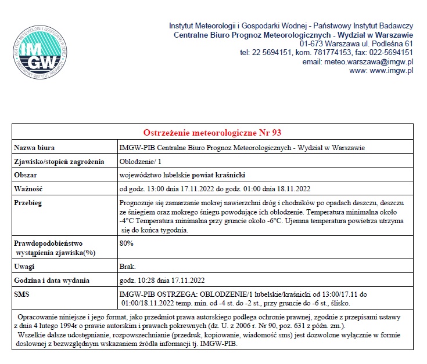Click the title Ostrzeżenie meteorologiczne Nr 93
point(213,133)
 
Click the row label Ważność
point(28,188)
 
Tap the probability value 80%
point(126,243)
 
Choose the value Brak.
point(127,267)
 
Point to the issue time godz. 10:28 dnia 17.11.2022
point(162,281)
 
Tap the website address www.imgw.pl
point(392,71)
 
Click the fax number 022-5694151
point(390,52)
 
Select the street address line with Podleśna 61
point(356,43)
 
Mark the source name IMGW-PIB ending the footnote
point(222,343)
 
